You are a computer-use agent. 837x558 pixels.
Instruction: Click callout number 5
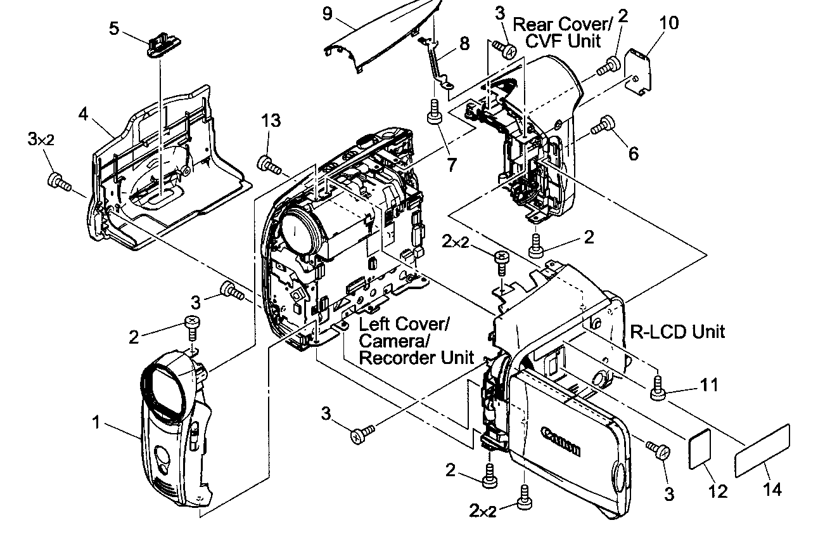pos(114,29)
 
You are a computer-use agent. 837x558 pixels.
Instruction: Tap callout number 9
pos(328,13)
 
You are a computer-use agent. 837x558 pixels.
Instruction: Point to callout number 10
pos(668,23)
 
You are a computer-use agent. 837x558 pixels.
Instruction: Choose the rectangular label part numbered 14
pos(763,451)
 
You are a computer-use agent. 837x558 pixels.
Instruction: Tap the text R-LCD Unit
pos(678,331)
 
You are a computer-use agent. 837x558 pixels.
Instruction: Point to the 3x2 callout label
pos(40,139)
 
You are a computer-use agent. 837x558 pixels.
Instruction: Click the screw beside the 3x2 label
pos(58,182)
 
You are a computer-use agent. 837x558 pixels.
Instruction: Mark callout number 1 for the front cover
pos(96,422)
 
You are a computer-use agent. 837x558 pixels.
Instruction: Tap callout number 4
pos(84,114)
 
